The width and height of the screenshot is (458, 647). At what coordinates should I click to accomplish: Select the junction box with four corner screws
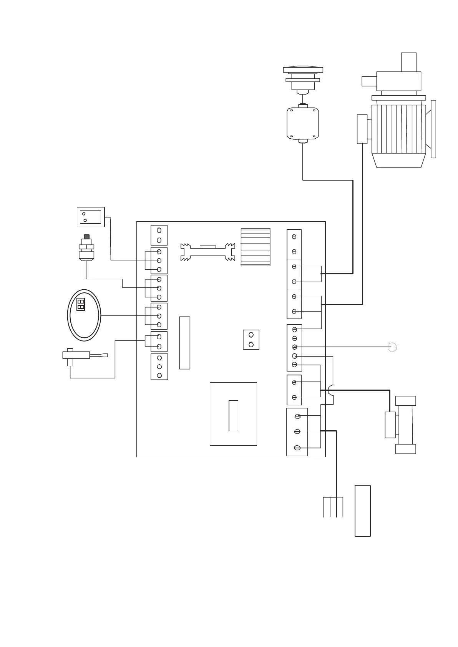click(303, 124)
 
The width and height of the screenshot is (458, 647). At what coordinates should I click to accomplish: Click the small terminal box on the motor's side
click(362, 129)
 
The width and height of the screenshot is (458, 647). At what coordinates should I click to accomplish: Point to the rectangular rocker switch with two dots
click(90, 217)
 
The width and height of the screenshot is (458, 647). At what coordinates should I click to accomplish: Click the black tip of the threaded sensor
click(87, 237)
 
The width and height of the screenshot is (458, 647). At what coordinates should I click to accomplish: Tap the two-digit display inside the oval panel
click(81, 304)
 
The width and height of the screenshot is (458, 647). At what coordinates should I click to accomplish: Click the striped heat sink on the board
click(256, 247)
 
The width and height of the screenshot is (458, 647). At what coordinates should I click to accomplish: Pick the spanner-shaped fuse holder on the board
click(208, 252)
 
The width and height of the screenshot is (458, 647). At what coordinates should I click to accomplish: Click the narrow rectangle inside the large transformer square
click(233, 415)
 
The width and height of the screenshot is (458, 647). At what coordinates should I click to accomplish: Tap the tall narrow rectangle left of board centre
click(184, 343)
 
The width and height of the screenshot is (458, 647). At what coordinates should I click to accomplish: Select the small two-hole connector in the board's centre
click(251, 340)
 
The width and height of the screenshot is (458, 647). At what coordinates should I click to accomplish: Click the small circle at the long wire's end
click(392, 347)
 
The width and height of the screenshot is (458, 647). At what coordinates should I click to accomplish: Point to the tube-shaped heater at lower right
click(405, 425)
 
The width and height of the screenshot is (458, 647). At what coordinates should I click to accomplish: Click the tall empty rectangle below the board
click(362, 511)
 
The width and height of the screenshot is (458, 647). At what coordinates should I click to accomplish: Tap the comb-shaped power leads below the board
click(333, 507)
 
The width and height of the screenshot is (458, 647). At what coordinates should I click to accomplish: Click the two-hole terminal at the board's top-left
click(159, 235)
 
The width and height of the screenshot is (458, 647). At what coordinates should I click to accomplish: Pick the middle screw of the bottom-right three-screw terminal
click(297, 432)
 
